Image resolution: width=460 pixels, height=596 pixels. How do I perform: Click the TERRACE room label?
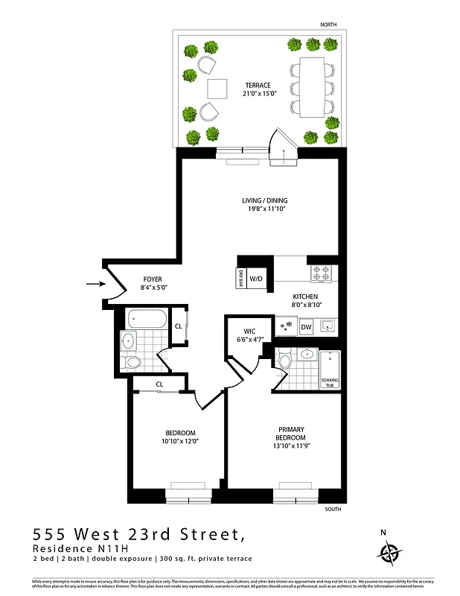tap(258, 86)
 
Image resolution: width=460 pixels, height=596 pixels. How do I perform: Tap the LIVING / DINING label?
tap(264, 200)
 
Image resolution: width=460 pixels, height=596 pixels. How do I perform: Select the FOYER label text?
tap(152, 279)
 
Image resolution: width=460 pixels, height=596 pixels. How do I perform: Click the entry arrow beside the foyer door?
tap(94, 284)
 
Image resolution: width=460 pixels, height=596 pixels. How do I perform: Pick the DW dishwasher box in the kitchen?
tap(306, 326)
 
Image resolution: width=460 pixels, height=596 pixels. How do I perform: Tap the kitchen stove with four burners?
tap(321, 273)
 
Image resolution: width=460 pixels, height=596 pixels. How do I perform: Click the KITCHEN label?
tap(305, 296)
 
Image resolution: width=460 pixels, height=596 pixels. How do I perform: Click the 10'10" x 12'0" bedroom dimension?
tap(180, 441)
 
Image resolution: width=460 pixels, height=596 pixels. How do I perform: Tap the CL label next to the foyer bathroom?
tap(179, 326)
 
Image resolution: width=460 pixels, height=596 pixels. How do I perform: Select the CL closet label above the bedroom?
tap(160, 384)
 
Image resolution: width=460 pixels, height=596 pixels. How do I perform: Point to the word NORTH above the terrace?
tap(328, 25)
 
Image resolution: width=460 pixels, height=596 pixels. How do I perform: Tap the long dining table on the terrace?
tap(312, 86)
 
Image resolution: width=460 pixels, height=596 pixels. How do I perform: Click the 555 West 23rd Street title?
tap(138, 534)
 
